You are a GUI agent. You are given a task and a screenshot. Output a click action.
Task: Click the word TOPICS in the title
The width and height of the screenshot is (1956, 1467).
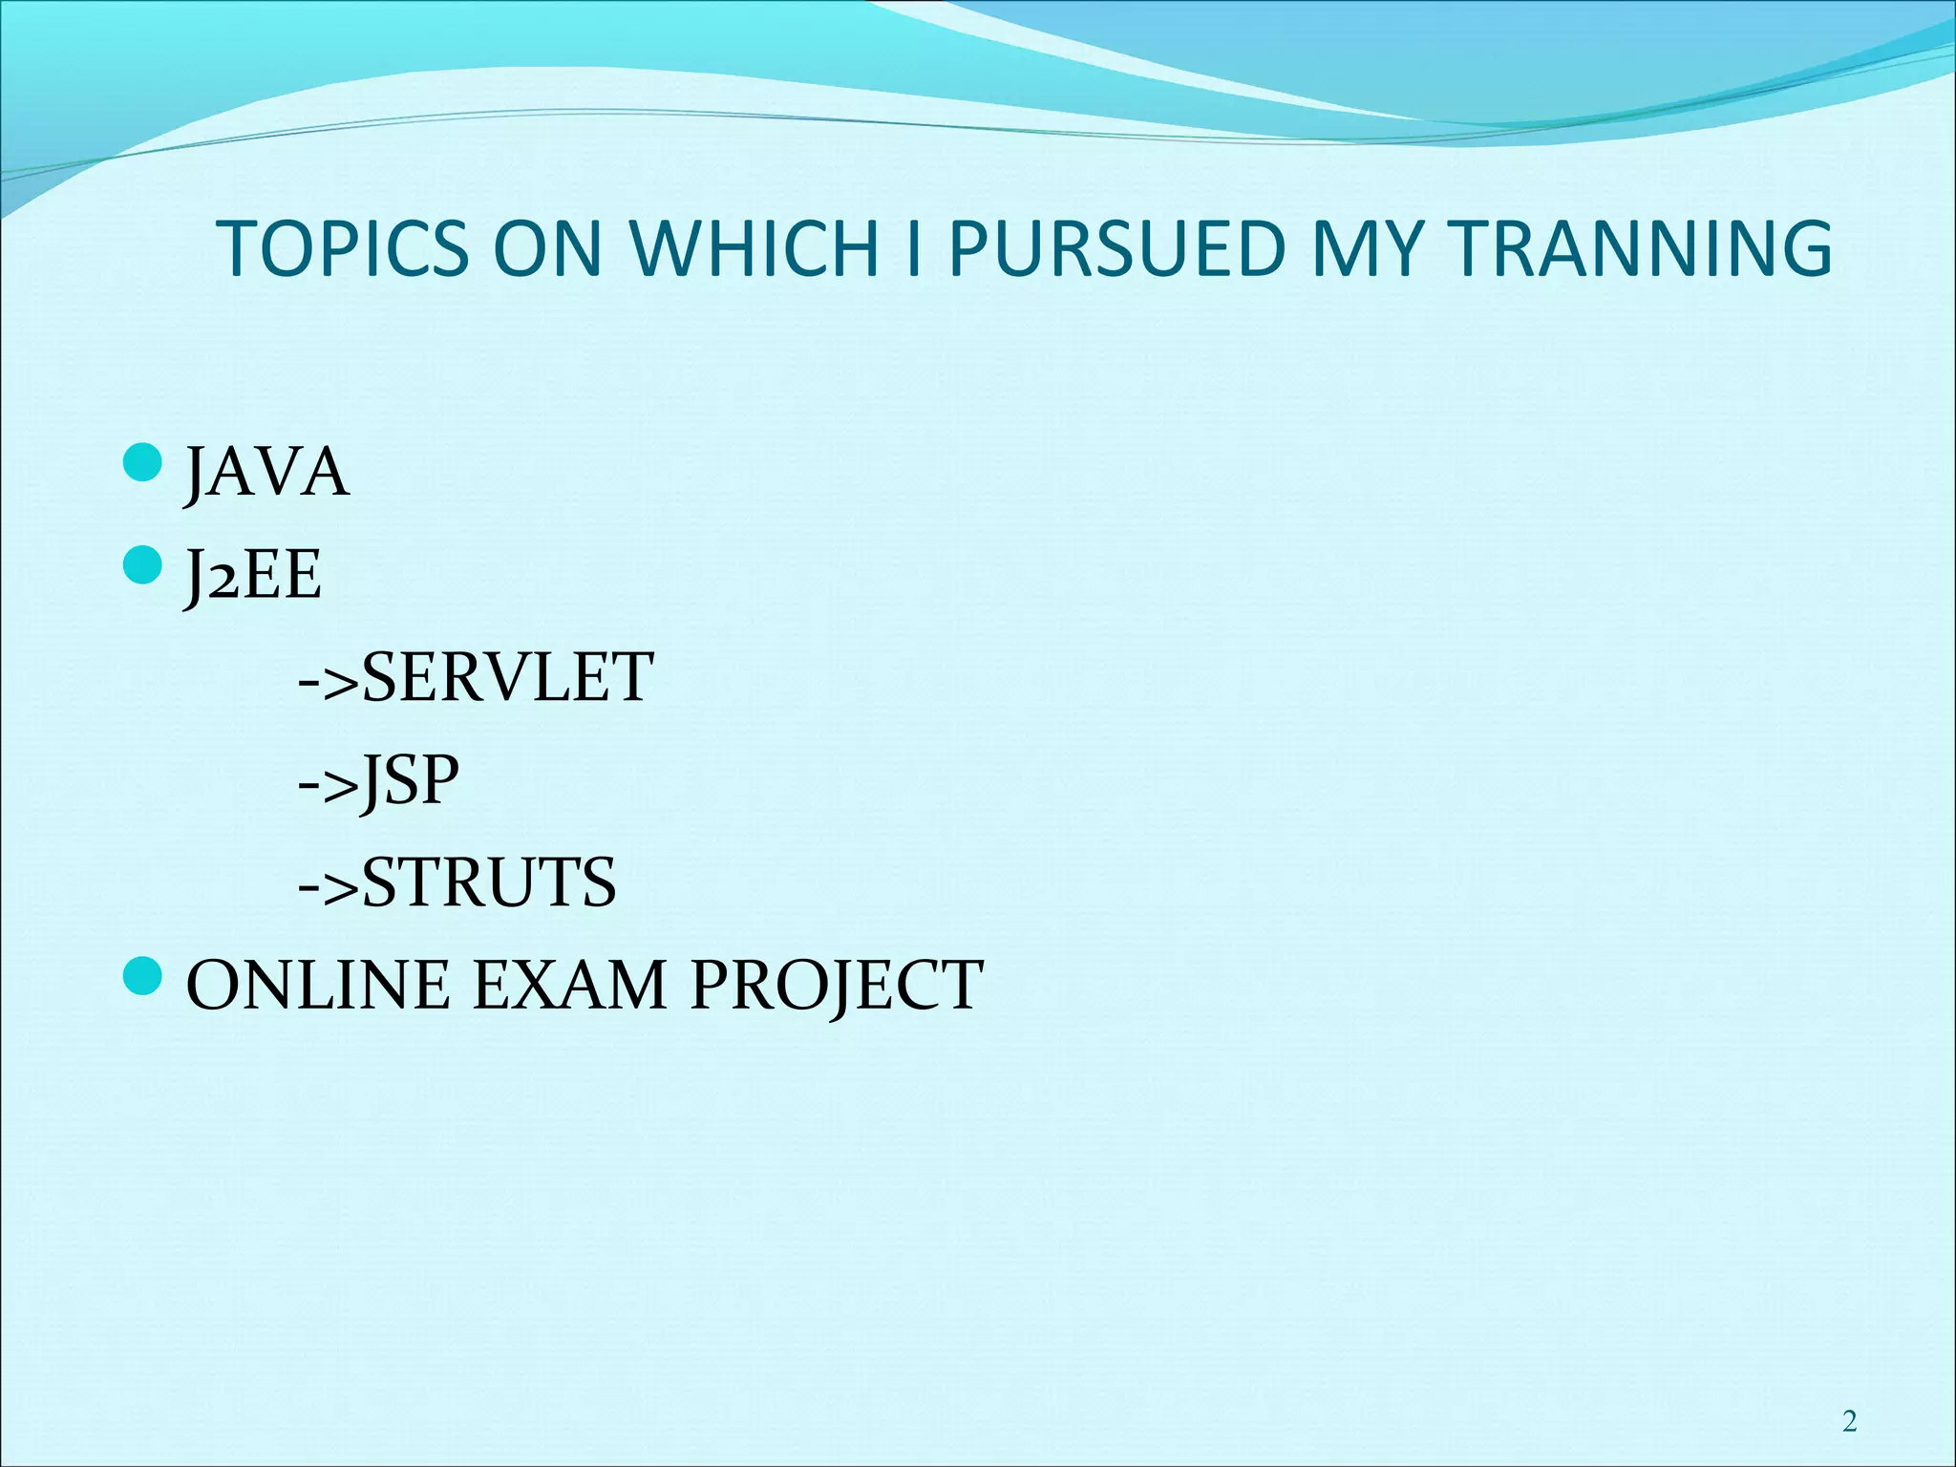[x=344, y=249]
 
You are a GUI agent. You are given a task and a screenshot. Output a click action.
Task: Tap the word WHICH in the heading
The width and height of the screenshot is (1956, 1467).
[x=754, y=249]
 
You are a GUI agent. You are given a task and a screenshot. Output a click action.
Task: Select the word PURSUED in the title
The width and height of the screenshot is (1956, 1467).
[x=1117, y=249]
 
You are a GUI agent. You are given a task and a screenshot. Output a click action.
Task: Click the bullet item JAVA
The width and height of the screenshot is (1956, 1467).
[x=266, y=473]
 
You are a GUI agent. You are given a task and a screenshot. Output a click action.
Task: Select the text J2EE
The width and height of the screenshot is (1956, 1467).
[x=253, y=576]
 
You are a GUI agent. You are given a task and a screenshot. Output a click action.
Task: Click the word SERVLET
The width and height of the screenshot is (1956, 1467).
[x=507, y=678]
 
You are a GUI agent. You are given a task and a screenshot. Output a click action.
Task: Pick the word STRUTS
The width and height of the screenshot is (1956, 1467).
[x=489, y=883]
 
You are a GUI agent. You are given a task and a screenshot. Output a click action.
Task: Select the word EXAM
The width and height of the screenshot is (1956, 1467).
[x=569, y=986]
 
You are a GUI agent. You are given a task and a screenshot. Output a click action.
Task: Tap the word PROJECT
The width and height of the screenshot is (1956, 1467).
[x=836, y=986]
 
